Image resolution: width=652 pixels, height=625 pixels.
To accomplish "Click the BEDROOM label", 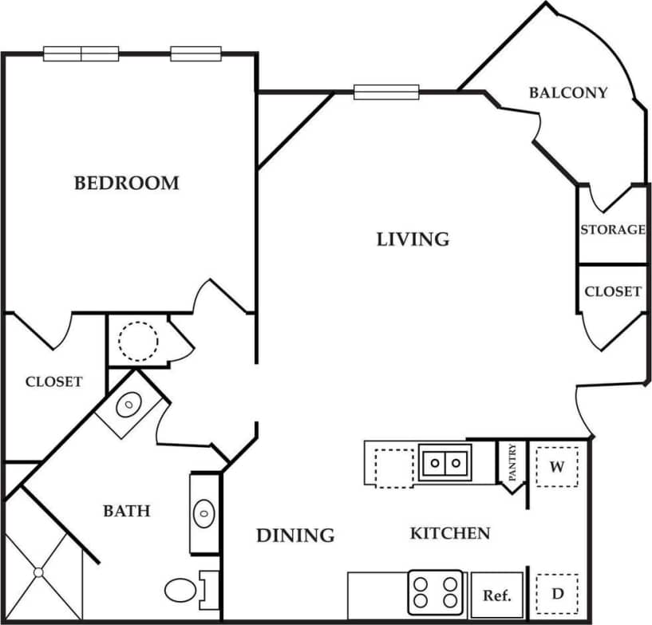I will tap(126, 183).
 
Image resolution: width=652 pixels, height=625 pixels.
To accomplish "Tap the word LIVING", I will tap(413, 239).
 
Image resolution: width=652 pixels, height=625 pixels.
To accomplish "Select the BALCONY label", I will tap(568, 93).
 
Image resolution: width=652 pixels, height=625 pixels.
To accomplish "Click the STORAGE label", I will tap(612, 230).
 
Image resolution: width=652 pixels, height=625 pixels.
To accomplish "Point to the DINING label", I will tap(295, 535).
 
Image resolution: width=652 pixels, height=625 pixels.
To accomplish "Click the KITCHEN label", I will tap(450, 532).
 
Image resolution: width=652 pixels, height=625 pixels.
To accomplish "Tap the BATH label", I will tap(126, 510).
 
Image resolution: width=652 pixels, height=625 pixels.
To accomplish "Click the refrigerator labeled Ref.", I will tap(496, 595).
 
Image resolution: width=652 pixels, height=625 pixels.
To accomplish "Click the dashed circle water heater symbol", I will tap(138, 340).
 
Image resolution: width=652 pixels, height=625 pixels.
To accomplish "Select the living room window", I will tap(386, 92).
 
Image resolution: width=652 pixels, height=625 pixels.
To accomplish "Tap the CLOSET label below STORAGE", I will tap(612, 291).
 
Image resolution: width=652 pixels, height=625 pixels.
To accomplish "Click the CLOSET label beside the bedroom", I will tap(53, 382).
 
